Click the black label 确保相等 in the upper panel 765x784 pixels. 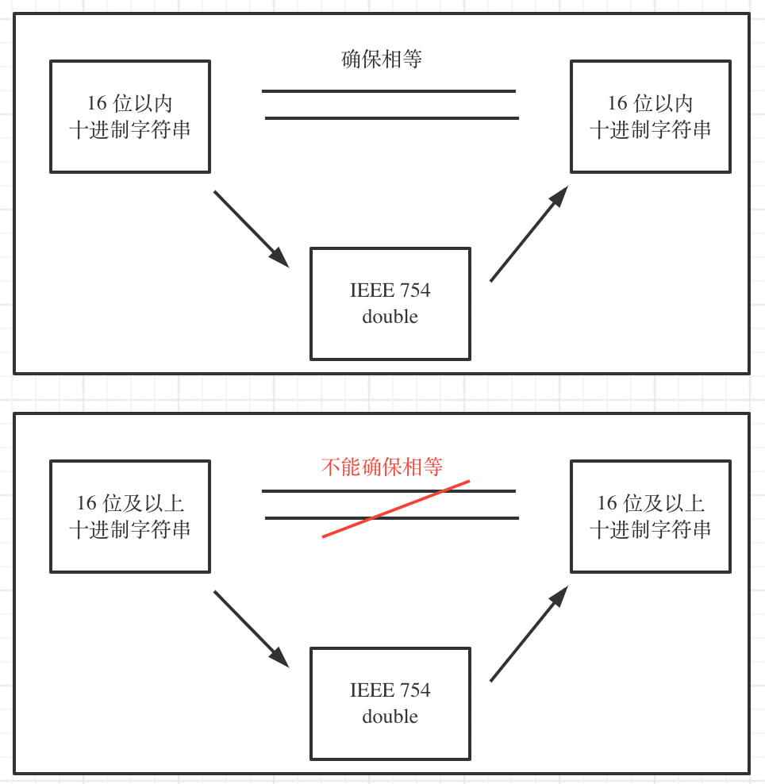click(x=382, y=60)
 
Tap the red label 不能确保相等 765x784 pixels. click(x=382, y=467)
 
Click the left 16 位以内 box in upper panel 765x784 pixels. click(x=130, y=117)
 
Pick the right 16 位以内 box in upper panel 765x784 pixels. click(x=650, y=117)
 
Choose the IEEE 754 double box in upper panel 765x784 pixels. click(x=390, y=303)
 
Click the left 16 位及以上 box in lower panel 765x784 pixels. click(x=130, y=517)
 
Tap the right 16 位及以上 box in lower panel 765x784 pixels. click(x=650, y=517)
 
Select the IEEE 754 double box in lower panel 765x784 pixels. click(x=390, y=703)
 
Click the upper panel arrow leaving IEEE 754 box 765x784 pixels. click(x=529, y=233)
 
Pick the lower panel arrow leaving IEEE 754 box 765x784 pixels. click(x=529, y=633)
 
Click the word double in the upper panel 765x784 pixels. click(x=390, y=317)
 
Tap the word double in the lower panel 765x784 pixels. click(x=390, y=717)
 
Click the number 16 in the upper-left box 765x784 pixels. click(x=97, y=103)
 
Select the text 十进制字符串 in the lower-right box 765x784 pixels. click(x=650, y=530)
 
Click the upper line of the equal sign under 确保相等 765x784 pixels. click(x=389, y=91)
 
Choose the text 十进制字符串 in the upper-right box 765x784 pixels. click(x=650, y=130)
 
